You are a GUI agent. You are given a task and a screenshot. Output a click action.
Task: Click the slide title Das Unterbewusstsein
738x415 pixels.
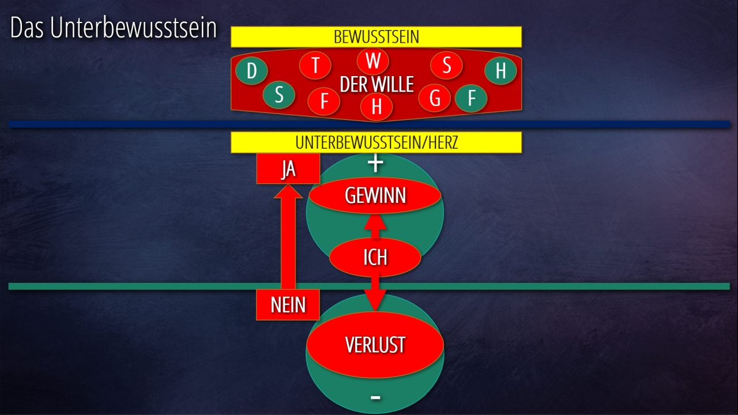[x=114, y=29]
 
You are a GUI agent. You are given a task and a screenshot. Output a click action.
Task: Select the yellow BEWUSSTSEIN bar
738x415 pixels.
[x=376, y=37]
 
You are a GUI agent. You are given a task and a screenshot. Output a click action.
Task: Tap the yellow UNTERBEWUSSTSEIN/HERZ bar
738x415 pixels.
[x=376, y=142]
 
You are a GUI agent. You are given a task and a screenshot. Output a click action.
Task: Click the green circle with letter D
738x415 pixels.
[x=251, y=71]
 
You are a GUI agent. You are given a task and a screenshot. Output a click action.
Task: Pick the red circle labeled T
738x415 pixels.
[x=315, y=65]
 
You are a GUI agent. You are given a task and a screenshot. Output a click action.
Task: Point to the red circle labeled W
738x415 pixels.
[x=373, y=61]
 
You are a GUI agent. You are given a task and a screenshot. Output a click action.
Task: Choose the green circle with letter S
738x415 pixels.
[x=279, y=95]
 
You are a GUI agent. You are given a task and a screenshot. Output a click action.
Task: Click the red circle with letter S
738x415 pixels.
[x=446, y=65]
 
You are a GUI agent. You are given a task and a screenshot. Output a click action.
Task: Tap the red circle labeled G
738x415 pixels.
[x=435, y=99]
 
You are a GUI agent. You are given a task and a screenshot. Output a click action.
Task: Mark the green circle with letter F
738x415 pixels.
[x=471, y=99]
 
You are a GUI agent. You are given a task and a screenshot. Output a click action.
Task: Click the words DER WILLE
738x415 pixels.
[x=376, y=85]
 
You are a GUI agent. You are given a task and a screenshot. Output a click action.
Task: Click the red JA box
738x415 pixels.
[x=288, y=169]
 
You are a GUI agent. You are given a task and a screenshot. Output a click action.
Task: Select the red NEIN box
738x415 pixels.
[x=288, y=304]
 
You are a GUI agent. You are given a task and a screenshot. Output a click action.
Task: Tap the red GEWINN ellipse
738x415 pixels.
[x=375, y=196]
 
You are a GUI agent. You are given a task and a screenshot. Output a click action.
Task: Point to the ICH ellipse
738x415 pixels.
[x=375, y=257]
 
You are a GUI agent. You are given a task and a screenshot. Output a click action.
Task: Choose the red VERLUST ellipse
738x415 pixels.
[x=375, y=345]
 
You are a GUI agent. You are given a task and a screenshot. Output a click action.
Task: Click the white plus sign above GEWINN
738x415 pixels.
[x=375, y=164]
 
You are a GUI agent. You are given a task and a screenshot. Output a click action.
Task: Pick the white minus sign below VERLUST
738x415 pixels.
[x=375, y=397]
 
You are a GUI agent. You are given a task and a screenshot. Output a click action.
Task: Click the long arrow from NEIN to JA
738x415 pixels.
[x=288, y=242]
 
